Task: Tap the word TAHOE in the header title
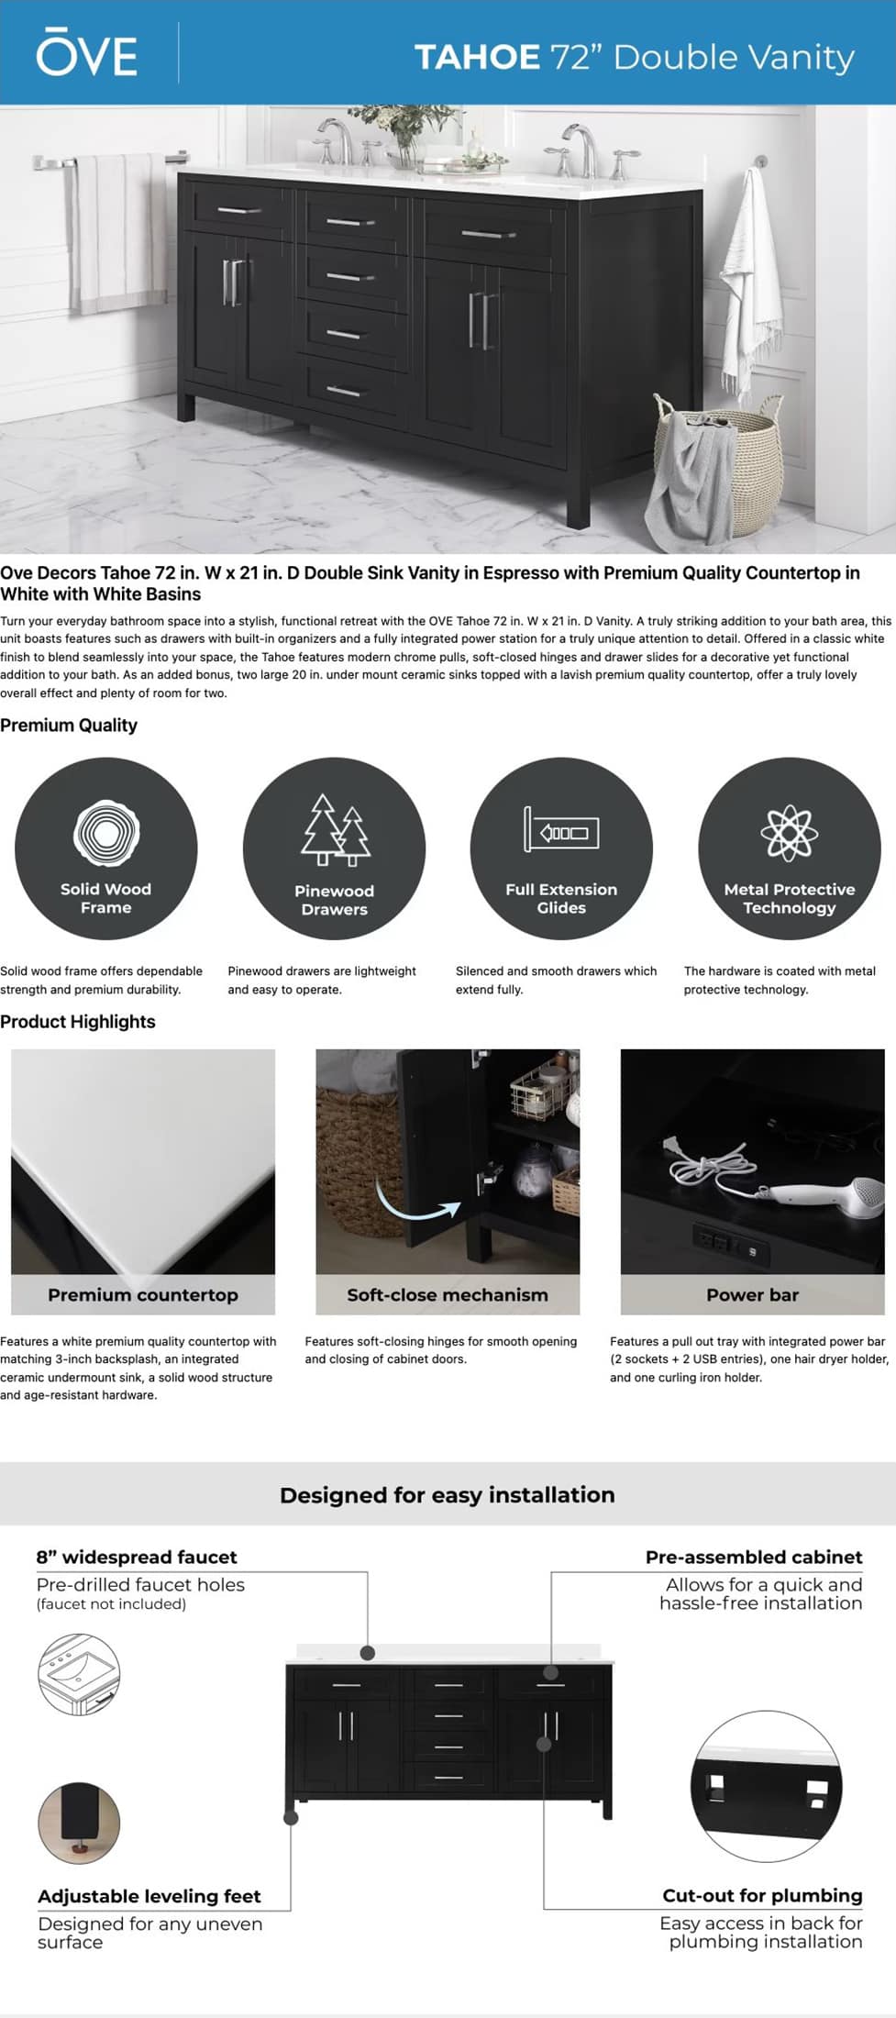477,57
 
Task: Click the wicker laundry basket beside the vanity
716,462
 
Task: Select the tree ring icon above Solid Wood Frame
106,833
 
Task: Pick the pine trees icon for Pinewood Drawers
335,830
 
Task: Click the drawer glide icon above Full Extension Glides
561,830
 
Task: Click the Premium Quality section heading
69,726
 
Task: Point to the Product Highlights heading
78,1022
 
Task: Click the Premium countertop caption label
143,1295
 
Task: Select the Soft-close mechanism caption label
448,1295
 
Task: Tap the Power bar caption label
752,1295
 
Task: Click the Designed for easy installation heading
448,1495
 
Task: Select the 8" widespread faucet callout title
137,1558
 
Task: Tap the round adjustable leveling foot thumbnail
79,1823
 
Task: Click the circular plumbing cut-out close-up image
766,1786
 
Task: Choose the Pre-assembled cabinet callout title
754,1558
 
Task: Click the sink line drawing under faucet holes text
79,1674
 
